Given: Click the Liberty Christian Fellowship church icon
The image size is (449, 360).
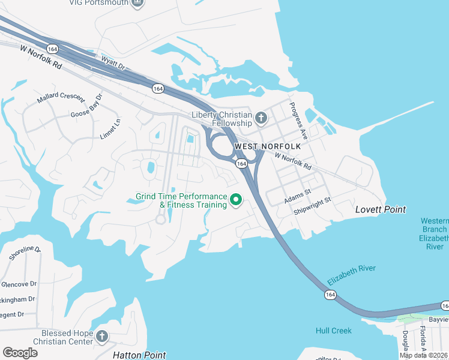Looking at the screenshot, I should (x=261, y=117).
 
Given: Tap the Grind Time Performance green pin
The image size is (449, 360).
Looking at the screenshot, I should (x=236, y=200).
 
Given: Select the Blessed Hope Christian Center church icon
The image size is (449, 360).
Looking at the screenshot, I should (x=102, y=336).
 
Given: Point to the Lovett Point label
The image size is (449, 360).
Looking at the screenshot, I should (x=381, y=209).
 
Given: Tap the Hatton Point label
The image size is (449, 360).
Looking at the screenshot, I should (x=139, y=355).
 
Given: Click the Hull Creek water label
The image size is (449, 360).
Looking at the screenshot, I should (x=334, y=331).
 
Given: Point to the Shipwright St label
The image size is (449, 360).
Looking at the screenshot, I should (x=312, y=206).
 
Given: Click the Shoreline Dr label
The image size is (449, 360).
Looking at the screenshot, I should (x=25, y=253).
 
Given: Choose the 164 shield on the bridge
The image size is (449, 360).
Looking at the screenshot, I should (x=330, y=295).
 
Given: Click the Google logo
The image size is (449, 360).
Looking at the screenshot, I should (x=20, y=353).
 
